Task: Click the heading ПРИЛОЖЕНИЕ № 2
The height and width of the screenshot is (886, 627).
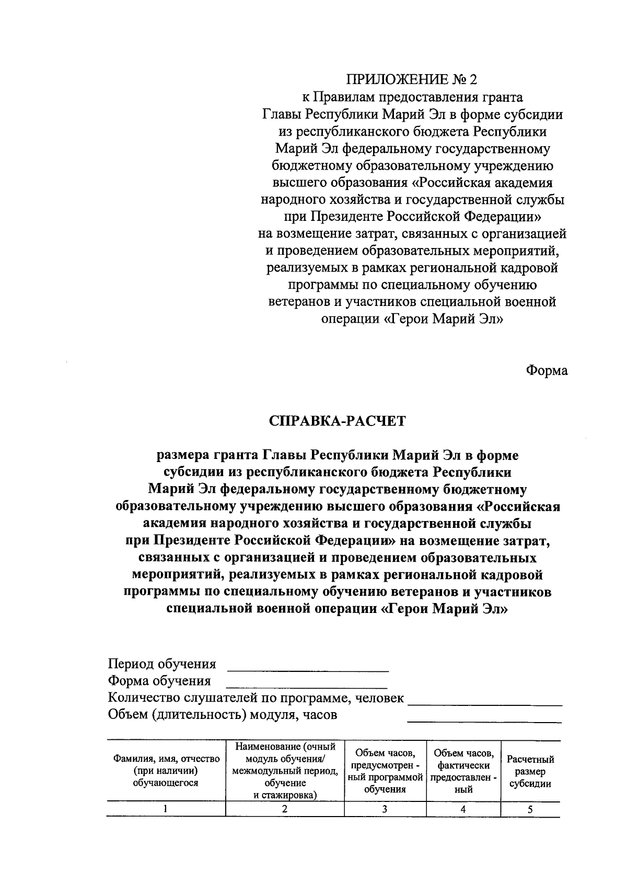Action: (x=412, y=79)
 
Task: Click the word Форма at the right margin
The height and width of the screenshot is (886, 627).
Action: (x=547, y=371)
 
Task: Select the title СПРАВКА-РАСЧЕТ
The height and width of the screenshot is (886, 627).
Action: (x=337, y=421)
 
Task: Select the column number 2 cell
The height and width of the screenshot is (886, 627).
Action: (x=285, y=809)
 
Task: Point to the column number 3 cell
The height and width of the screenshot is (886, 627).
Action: (x=385, y=809)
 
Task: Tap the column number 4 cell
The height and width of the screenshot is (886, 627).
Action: (x=463, y=809)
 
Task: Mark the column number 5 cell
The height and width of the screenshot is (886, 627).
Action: (x=530, y=809)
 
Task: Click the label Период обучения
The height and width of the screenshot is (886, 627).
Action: (x=162, y=664)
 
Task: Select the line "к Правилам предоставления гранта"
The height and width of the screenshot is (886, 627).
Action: (x=412, y=97)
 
